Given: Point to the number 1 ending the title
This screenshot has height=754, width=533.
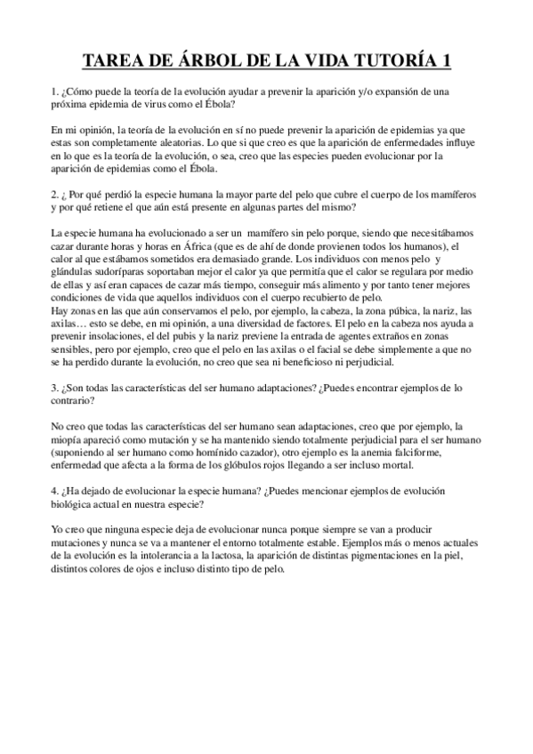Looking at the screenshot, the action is [444, 60].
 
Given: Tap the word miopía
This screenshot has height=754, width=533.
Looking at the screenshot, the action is [72, 440].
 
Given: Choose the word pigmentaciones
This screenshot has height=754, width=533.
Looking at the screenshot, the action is [394, 557].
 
